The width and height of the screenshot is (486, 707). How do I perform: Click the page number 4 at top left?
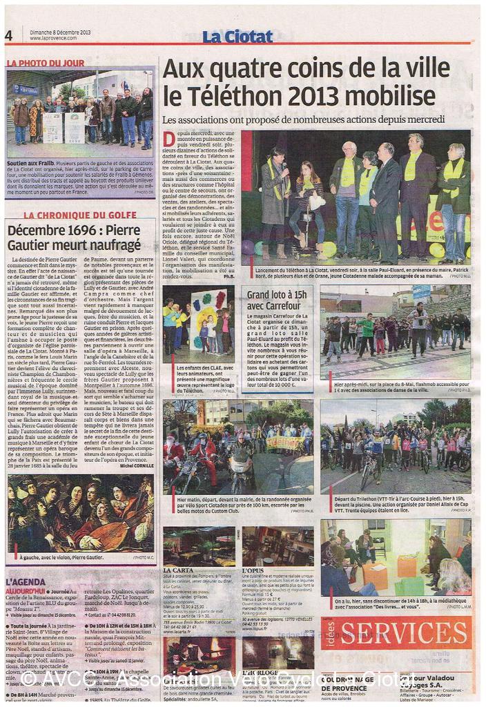point(9,36)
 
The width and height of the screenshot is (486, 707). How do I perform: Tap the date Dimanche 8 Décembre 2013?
point(61,32)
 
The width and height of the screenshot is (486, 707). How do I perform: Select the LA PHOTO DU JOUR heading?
point(46,63)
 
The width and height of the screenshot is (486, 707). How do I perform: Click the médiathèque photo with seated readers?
point(395,556)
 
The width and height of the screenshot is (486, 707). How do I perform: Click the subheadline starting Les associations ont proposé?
point(313,119)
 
